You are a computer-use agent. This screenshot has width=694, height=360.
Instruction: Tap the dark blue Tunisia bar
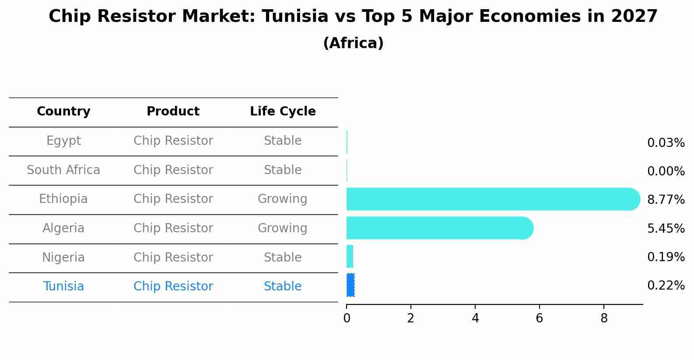(x=351, y=285)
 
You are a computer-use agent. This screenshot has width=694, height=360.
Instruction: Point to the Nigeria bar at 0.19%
(x=350, y=256)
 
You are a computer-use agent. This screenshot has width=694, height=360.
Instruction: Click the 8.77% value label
(x=666, y=200)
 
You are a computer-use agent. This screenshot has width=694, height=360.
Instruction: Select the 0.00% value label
(x=666, y=171)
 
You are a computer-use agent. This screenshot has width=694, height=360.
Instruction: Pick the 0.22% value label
(x=666, y=286)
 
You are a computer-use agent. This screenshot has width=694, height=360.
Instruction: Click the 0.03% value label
(x=666, y=143)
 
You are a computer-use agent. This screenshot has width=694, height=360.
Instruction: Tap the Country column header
(x=63, y=112)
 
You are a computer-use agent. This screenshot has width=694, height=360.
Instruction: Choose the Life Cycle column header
(x=283, y=112)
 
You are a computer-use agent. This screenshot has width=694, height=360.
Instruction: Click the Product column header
(x=173, y=112)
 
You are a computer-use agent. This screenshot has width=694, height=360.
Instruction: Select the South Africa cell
(x=63, y=170)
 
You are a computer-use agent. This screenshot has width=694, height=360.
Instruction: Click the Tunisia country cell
(x=63, y=287)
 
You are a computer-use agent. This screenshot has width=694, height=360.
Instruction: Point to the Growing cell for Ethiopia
(x=282, y=199)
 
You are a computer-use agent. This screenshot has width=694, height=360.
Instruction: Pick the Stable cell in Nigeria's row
(x=283, y=257)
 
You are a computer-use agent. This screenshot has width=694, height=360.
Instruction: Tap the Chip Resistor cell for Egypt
(x=173, y=141)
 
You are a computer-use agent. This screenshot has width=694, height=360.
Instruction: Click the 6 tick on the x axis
(x=540, y=318)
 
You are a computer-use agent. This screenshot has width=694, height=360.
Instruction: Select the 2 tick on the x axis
(x=410, y=318)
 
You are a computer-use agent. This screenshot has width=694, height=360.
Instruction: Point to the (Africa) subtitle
(x=353, y=43)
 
